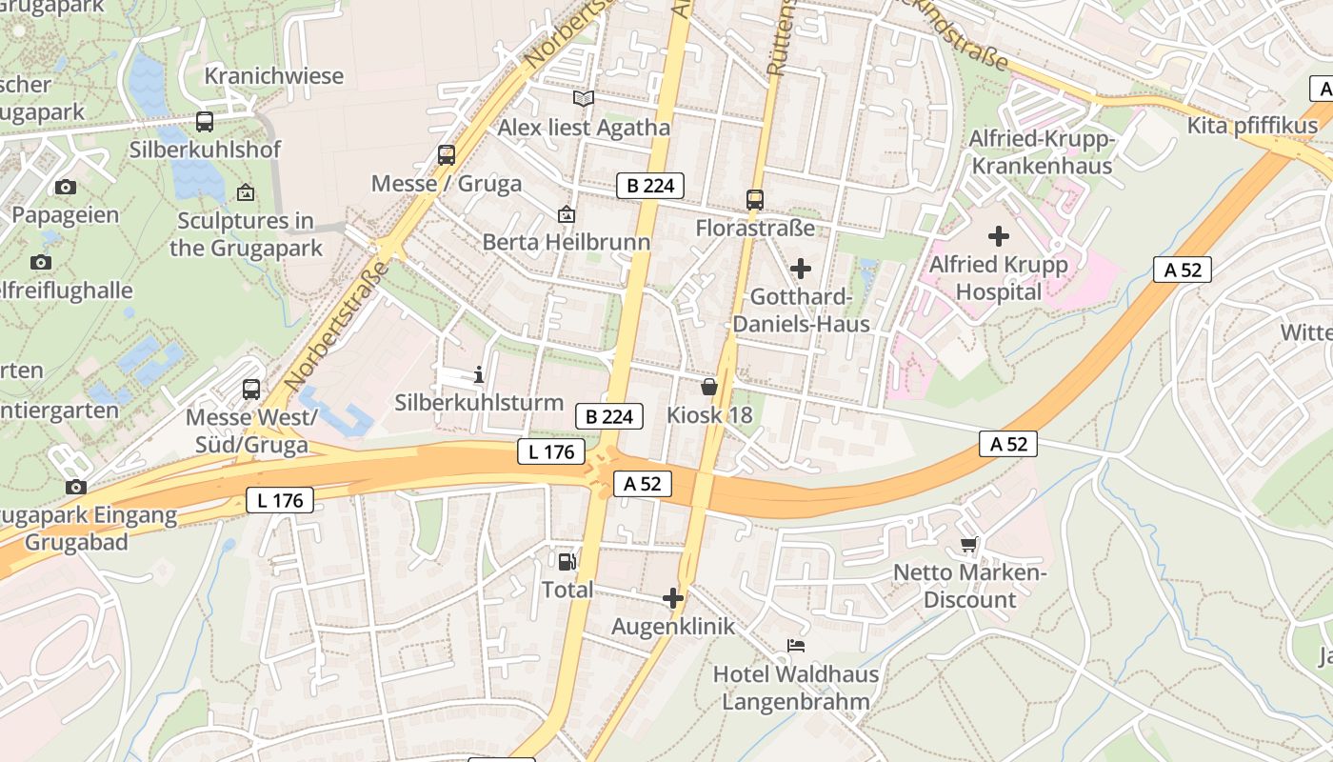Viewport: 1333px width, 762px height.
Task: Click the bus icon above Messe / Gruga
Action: tap(446, 155)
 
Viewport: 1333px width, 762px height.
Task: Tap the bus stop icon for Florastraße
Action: tap(755, 200)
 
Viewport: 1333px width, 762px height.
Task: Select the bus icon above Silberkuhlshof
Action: tap(205, 122)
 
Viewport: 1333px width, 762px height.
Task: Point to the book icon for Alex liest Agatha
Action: tap(584, 99)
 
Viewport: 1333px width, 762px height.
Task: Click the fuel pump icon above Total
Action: tap(567, 562)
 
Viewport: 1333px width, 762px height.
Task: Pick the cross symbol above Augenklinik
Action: tap(673, 598)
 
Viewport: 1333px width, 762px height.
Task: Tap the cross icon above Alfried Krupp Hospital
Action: tap(998, 235)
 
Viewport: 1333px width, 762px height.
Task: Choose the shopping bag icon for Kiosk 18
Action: tap(709, 387)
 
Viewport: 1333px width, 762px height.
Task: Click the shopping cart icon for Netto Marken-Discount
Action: tap(969, 545)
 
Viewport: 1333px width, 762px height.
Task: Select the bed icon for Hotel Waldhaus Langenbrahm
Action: tap(796, 646)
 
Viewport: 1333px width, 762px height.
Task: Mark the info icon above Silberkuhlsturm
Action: tap(479, 374)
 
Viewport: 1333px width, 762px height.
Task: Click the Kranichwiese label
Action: tap(274, 76)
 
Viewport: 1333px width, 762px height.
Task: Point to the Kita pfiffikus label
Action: tap(1252, 126)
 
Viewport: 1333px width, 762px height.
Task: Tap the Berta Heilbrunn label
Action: tap(567, 242)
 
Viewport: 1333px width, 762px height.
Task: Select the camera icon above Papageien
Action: tap(65, 187)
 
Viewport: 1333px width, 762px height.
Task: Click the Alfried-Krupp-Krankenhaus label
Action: tap(1041, 152)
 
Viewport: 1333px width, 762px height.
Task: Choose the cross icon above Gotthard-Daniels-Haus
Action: tap(801, 269)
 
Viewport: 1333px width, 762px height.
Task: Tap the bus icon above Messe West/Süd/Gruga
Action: tap(251, 389)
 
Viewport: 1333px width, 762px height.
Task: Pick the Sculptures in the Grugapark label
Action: tap(246, 234)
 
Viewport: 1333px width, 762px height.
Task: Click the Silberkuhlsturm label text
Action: tap(479, 403)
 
